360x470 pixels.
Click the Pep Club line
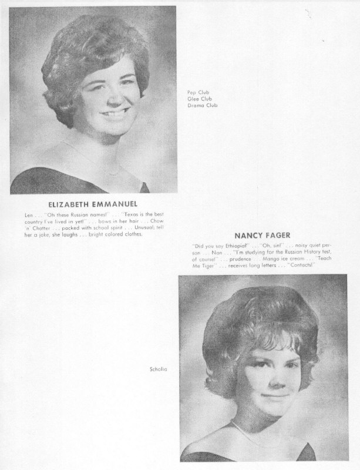tap(195, 92)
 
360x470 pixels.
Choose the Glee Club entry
tap(196, 98)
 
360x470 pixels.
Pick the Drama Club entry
tap(198, 103)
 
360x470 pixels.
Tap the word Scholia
tap(159, 369)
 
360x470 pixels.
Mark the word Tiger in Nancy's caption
tap(210, 265)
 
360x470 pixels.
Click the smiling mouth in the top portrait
tap(116, 113)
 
